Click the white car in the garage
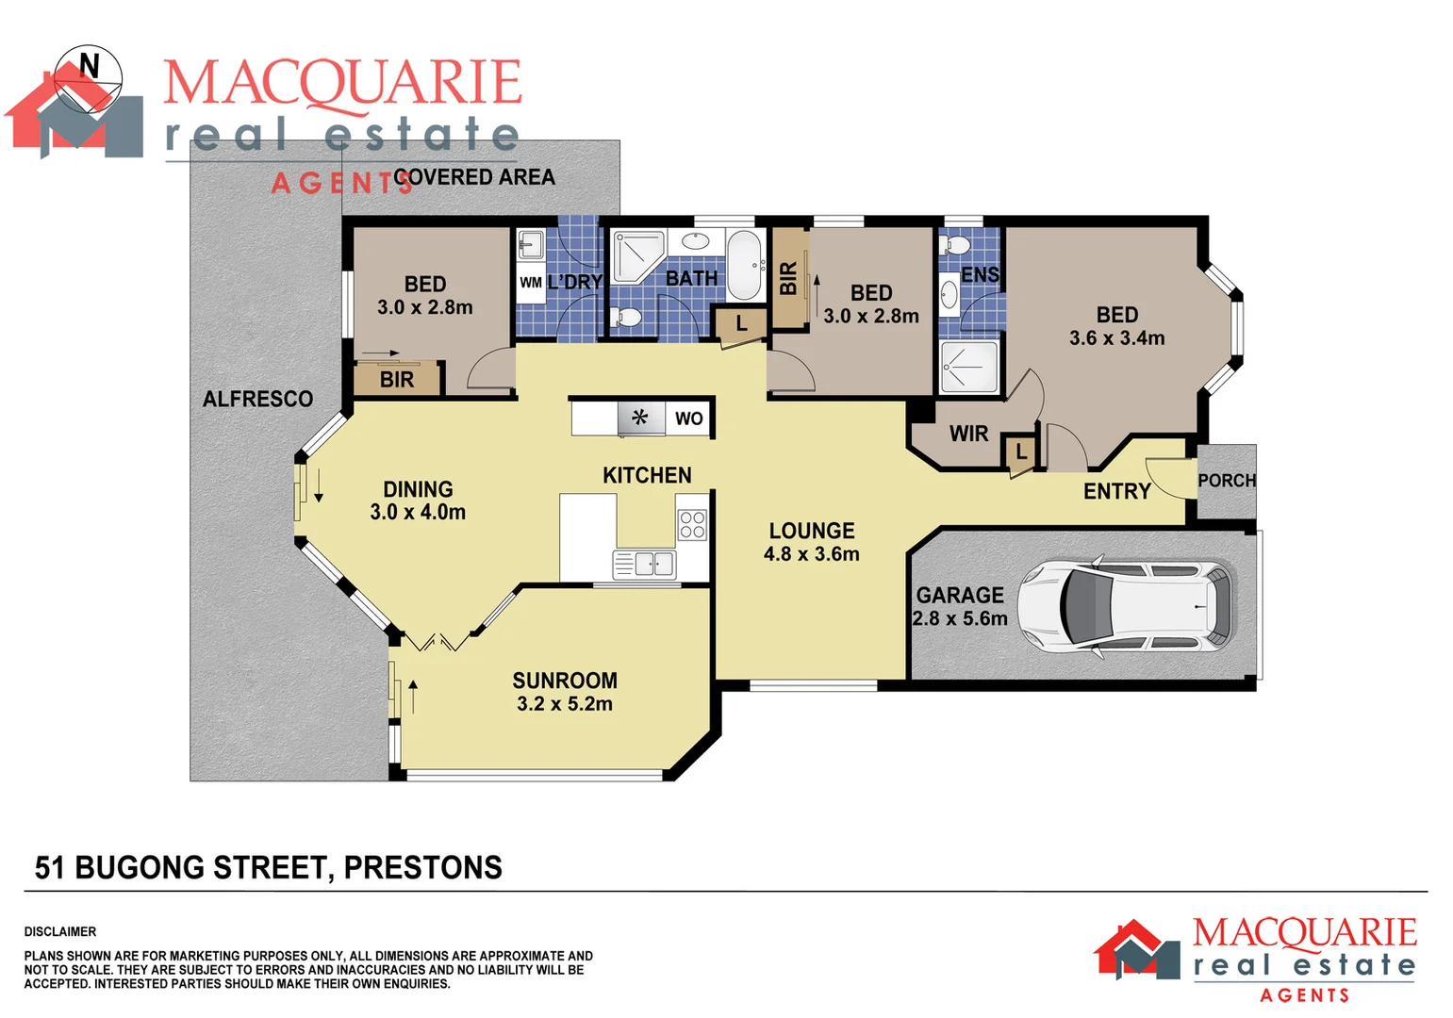[1124, 607]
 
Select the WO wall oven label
[688, 419]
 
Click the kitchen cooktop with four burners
[692, 525]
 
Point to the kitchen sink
[645, 564]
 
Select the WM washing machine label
[531, 282]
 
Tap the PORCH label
[1227, 481]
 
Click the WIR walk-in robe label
[968, 434]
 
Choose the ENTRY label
[1116, 491]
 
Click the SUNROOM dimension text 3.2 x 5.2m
[565, 704]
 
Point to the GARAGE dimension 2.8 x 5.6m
[960, 618]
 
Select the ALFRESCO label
[257, 399]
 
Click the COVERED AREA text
[474, 177]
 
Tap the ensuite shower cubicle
[968, 368]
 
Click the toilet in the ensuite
[956, 247]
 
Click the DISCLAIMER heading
[60, 931]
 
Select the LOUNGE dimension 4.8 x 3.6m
[811, 554]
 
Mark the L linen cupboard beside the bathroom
[741, 323]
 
